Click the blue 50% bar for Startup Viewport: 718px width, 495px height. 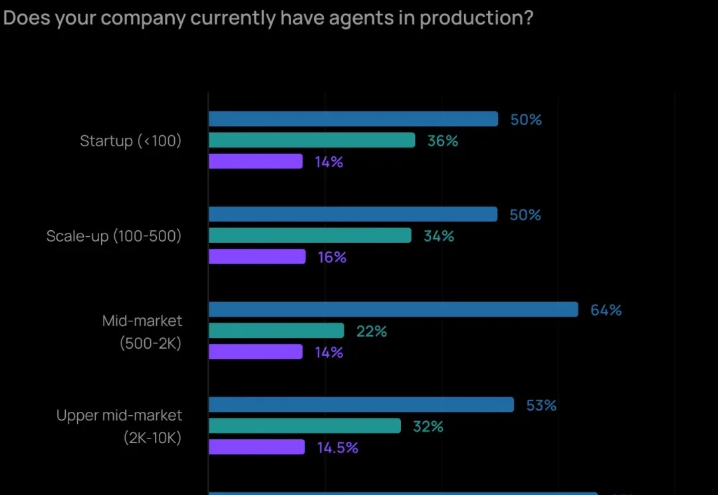pos(353,119)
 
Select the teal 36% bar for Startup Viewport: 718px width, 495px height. pos(312,140)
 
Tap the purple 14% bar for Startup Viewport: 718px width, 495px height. pos(256,162)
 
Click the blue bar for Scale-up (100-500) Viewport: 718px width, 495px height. pos(353,214)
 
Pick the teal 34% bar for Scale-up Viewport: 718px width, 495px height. pos(310,236)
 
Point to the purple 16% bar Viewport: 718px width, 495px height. pos(257,257)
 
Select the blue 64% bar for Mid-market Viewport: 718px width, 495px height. pos(394,309)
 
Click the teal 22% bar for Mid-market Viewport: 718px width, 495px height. pos(277,331)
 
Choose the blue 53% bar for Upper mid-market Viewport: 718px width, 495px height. pos(362,405)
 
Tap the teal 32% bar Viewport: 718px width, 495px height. pos(305,426)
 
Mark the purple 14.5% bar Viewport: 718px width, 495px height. pos(257,447)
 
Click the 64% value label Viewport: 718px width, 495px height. pos(606,310)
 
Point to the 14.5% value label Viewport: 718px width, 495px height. pos(337,448)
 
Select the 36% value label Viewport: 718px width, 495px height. pos(443,141)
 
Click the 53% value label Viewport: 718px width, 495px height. pos(541,405)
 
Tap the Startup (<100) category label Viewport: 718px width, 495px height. pos(130,141)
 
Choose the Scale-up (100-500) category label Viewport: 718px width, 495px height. pos(114,236)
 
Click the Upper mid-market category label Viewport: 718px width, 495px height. pos(119,416)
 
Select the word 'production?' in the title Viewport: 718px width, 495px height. pos(477,18)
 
